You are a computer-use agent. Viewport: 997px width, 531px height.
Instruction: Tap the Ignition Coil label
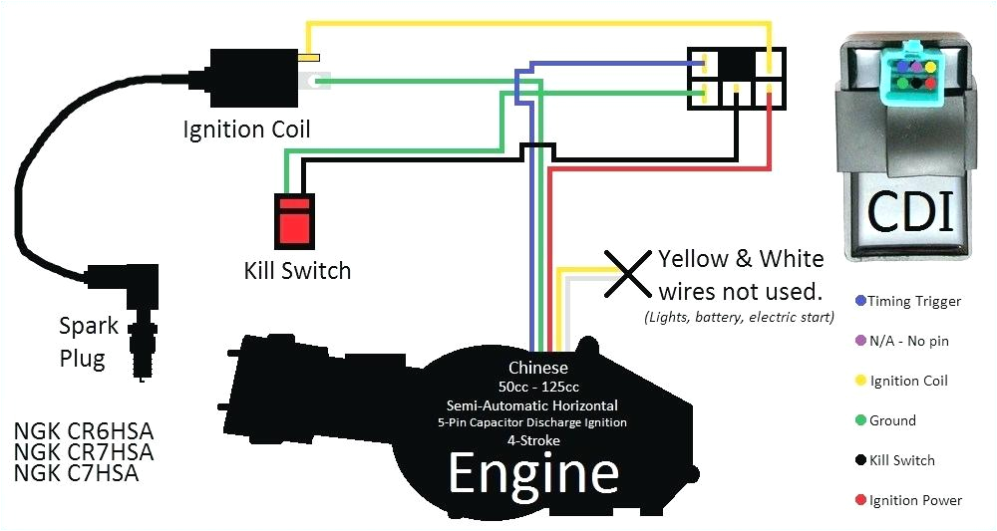click(x=246, y=130)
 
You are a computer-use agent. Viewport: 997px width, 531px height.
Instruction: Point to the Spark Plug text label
click(x=89, y=342)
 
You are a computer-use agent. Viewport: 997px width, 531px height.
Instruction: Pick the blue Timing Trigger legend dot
click(x=859, y=301)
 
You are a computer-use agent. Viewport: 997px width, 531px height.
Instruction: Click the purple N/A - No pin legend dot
click(x=859, y=341)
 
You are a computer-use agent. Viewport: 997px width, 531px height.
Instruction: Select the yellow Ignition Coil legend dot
click(x=859, y=381)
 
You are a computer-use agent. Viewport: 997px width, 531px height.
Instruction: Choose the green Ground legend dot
click(x=859, y=420)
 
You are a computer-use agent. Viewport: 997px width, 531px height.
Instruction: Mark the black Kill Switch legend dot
click(x=859, y=460)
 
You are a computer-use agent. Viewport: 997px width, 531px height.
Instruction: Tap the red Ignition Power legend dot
click(x=859, y=500)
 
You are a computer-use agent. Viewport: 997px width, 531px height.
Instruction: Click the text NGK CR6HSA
click(x=84, y=432)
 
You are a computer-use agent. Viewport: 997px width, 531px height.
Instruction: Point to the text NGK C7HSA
click(x=77, y=474)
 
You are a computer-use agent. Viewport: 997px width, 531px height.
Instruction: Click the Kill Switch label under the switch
click(x=297, y=270)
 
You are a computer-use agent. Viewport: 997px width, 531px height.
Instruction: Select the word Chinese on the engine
click(x=538, y=368)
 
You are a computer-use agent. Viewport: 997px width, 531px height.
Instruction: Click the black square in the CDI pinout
click(x=737, y=65)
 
